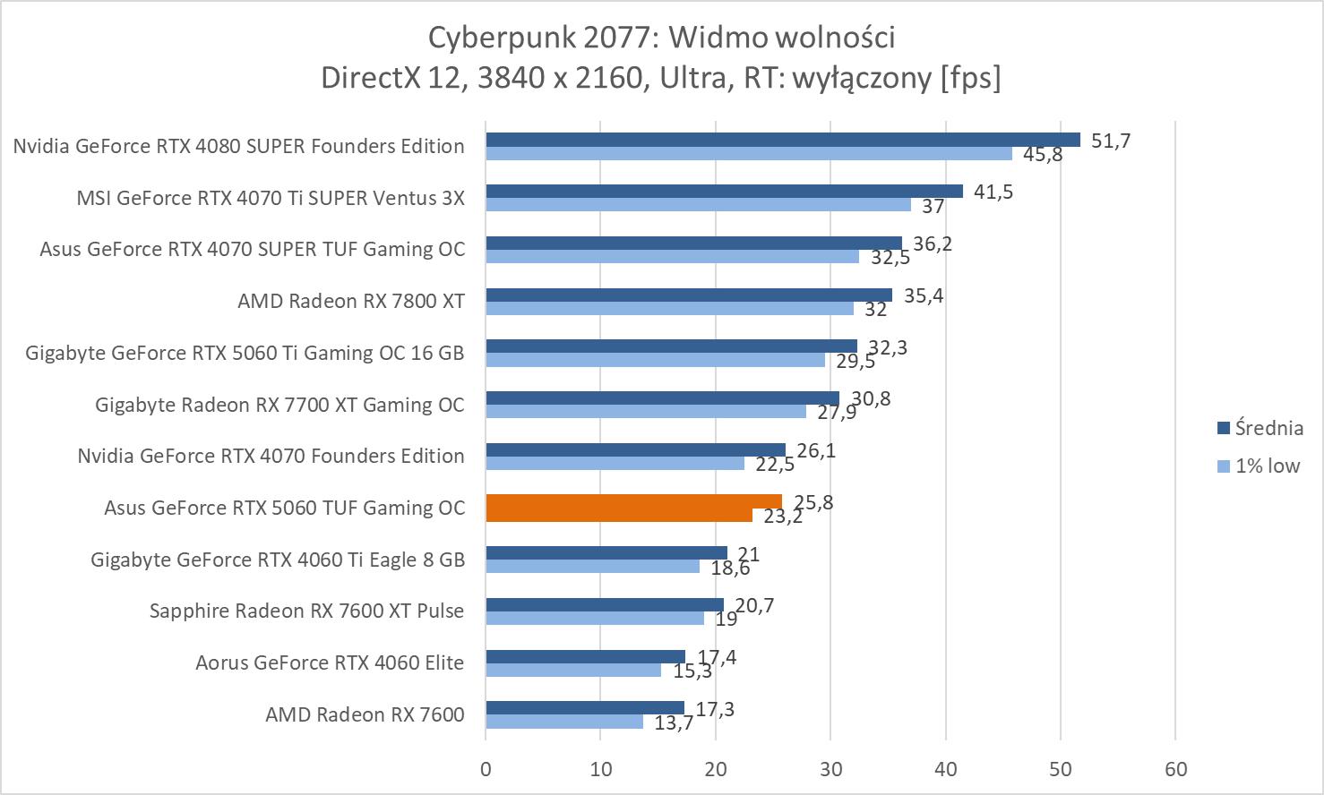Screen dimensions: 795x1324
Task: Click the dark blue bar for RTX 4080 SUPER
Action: click(x=782, y=140)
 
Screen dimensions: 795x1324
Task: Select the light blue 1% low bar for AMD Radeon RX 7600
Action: click(x=564, y=722)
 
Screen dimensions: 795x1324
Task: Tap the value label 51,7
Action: click(x=1111, y=141)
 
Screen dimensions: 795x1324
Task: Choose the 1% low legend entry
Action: click(x=1259, y=466)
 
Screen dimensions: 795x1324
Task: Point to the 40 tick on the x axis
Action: click(x=946, y=769)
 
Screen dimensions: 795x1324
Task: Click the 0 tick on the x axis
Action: click(x=486, y=769)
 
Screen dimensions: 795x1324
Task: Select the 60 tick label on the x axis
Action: click(x=1175, y=769)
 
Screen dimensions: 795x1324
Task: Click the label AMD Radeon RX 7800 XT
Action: click(x=351, y=301)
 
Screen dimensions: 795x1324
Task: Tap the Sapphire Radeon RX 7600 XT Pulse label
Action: click(x=306, y=611)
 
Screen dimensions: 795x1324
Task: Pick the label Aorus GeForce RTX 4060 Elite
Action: click(x=330, y=662)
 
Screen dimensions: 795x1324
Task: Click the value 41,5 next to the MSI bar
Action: click(x=993, y=192)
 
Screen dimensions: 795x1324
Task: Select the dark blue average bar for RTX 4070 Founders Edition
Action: click(x=635, y=449)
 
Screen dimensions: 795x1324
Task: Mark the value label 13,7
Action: click(x=674, y=722)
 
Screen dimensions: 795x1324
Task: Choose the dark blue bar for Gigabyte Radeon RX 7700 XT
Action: click(x=662, y=398)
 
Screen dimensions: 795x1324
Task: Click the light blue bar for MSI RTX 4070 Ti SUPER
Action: click(x=698, y=205)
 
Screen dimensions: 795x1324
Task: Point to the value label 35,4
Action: click(x=924, y=295)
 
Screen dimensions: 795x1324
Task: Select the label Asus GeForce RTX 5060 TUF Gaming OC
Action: click(x=285, y=508)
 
